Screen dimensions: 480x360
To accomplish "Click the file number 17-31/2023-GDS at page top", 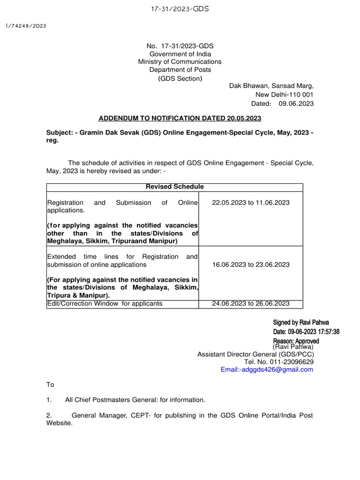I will point(180,8).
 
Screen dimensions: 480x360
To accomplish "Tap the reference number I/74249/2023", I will point(26,26).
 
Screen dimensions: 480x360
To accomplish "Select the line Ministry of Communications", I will point(180,62).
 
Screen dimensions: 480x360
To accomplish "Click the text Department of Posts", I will point(180,70).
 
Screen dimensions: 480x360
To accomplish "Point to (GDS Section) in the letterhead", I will point(180,78).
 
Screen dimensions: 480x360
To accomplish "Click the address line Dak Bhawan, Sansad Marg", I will point(271,86).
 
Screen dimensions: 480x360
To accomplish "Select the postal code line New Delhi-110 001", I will point(285,95).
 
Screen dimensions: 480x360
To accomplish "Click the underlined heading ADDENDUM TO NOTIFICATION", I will point(180,118).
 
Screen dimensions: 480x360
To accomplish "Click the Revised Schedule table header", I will point(175,187).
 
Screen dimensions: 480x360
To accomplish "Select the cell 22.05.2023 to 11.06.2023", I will point(251,202).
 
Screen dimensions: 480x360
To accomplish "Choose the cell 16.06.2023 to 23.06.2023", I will point(251,264).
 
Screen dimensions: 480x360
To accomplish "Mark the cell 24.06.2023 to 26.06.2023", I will point(251,303).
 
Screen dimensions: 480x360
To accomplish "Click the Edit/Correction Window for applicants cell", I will point(105,303).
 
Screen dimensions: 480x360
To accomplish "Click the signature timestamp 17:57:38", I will point(326,331).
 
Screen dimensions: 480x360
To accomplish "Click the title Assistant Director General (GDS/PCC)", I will point(255,354).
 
